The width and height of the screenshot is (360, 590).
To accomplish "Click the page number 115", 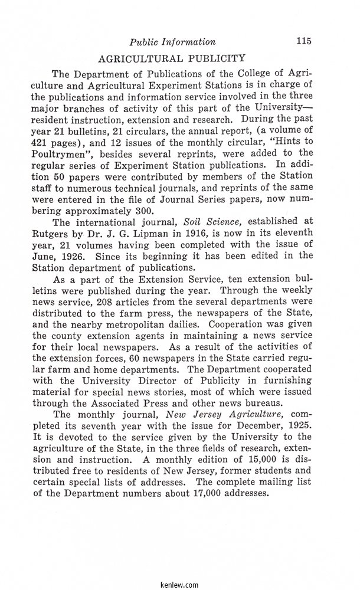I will click(304, 41).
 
